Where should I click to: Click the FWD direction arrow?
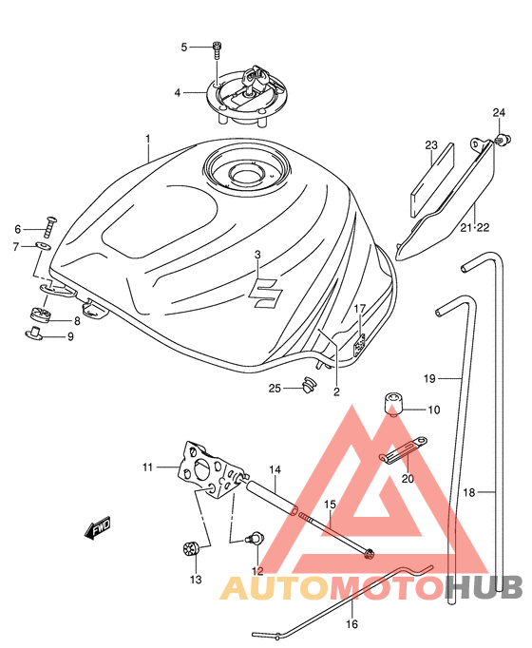[x=98, y=527]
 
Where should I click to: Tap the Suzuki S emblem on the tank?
[x=266, y=293]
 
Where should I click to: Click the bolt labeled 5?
[x=216, y=50]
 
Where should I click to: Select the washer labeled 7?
[x=43, y=246]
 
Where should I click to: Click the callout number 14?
[x=275, y=470]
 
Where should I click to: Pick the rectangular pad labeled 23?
[x=432, y=181]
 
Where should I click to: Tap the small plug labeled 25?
[x=308, y=385]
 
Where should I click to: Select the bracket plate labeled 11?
[x=210, y=469]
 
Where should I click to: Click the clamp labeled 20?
[x=403, y=450]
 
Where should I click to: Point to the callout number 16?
[x=351, y=623]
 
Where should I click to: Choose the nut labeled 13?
[x=191, y=549]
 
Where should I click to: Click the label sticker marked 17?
[x=359, y=344]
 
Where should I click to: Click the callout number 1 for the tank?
[x=148, y=139]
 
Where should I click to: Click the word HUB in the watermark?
[x=485, y=587]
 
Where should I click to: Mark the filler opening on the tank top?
[x=246, y=174]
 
